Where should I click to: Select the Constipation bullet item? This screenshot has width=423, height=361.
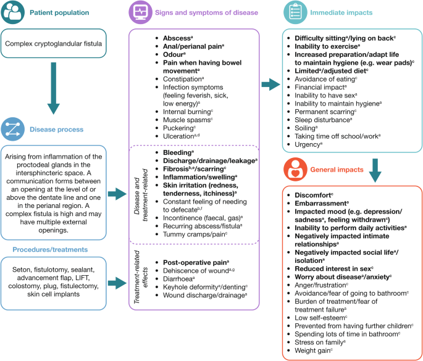(184, 80)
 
